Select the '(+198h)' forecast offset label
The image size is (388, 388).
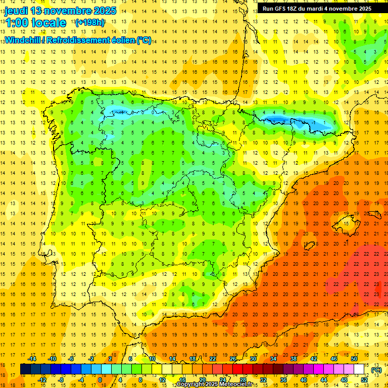point(90,23)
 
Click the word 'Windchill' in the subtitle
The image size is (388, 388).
point(22,40)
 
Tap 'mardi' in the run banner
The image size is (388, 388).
point(320,9)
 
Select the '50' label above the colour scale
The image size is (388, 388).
point(354,359)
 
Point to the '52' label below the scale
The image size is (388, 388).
point(364,380)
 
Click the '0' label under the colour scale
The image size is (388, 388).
point(100,380)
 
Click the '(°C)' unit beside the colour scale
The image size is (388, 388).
point(376,370)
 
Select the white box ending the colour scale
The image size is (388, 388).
point(359,369)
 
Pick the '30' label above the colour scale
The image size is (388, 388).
point(253,359)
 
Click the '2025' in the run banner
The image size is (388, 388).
point(363,9)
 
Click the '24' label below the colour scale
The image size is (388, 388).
point(223,380)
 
